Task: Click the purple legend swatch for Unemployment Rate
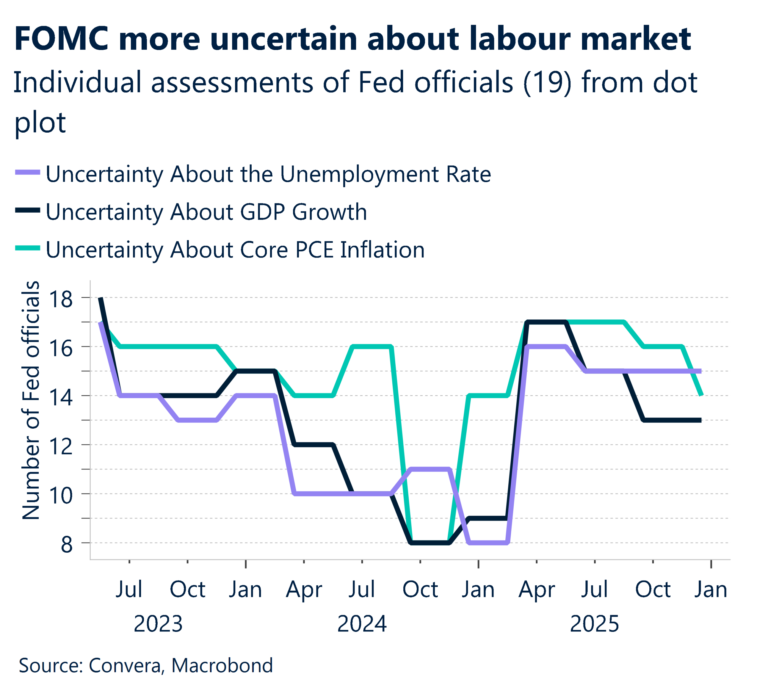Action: [28, 173]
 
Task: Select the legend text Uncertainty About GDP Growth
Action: [206, 212]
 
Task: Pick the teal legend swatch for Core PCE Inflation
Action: [28, 248]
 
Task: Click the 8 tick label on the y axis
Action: [67, 545]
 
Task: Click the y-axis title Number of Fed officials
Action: [31, 401]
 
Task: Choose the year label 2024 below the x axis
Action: [362, 624]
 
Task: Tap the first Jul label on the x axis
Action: [129, 589]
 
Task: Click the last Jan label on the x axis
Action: [711, 589]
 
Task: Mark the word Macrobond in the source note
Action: [222, 666]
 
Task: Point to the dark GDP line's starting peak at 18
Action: [101, 298]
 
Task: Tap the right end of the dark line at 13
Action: [700, 420]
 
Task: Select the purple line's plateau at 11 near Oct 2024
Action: [430, 469]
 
